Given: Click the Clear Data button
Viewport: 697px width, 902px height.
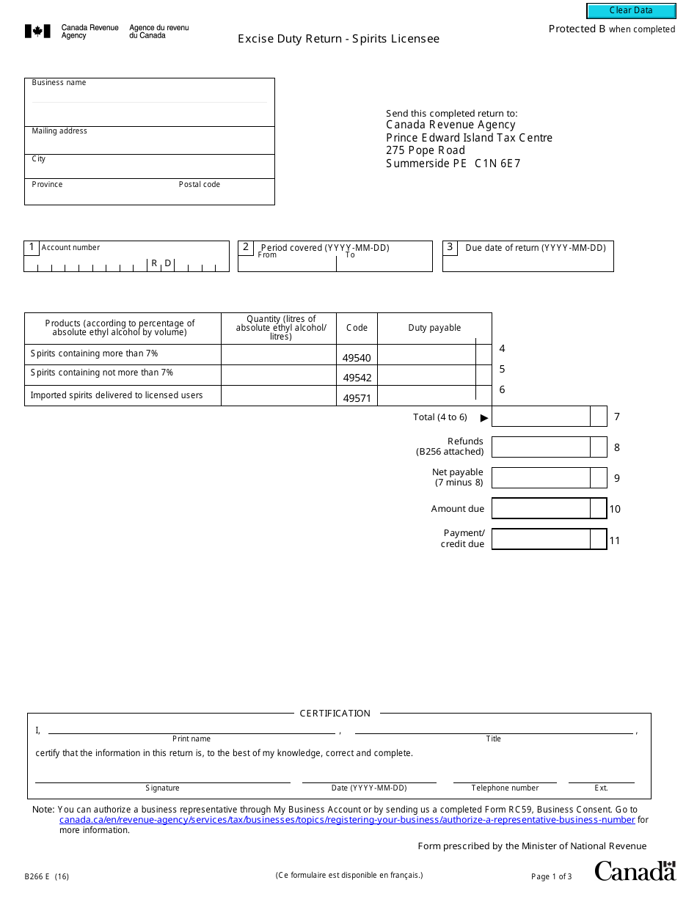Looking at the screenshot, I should click(x=631, y=11).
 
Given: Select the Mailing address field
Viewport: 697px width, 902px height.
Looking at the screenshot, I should click(x=150, y=144).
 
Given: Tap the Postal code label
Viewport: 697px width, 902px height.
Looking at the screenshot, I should click(x=200, y=185).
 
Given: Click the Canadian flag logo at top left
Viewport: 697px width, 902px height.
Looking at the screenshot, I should click(x=38, y=32).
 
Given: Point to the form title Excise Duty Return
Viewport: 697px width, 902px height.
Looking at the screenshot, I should click(x=338, y=39).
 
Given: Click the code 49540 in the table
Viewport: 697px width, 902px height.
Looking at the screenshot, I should click(x=357, y=358).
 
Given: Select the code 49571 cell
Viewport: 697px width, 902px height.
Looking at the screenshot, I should click(x=357, y=398).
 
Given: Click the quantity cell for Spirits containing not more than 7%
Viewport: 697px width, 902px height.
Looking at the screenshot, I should click(x=279, y=375).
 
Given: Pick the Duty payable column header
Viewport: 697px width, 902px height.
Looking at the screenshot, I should click(x=434, y=328).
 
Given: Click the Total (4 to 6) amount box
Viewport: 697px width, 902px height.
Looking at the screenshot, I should click(x=541, y=417).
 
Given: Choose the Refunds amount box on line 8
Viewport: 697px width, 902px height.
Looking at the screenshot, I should click(x=541, y=447).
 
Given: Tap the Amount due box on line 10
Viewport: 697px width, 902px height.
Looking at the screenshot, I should click(x=541, y=508).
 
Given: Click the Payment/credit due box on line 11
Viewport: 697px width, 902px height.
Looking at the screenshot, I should click(x=541, y=540).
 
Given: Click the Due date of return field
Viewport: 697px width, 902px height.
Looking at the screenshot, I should click(x=528, y=263).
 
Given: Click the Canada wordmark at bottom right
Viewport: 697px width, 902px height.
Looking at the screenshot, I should click(x=635, y=871).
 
